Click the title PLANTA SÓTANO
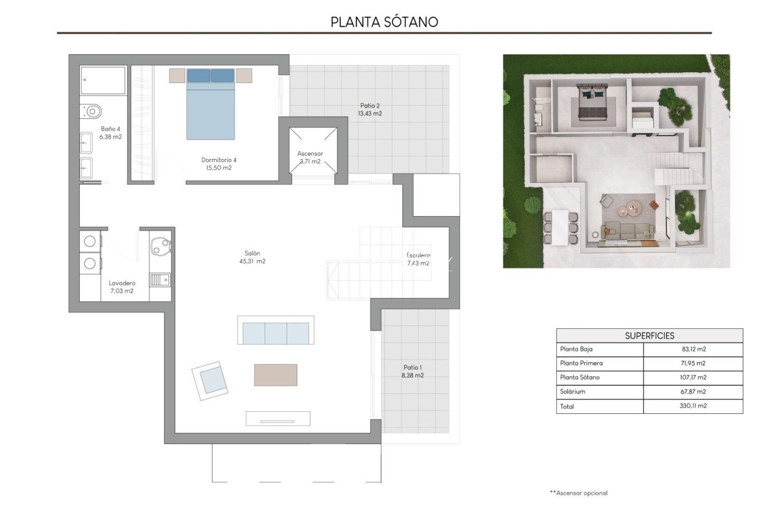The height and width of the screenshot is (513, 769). [384, 22]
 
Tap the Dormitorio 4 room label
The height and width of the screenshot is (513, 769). [218, 160]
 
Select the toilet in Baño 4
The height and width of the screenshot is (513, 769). [92, 111]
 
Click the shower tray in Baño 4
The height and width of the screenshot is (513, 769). [103, 80]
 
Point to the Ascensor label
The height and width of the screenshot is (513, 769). [310, 153]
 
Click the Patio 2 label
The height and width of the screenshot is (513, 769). [370, 106]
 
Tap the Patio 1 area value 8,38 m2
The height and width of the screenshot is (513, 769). [412, 375]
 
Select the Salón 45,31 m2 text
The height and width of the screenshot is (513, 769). [252, 257]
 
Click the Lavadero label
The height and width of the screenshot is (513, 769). [122, 283]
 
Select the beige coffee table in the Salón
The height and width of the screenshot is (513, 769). [275, 375]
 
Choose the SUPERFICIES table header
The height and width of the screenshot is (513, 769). [649, 336]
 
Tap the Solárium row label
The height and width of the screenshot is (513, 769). [572, 392]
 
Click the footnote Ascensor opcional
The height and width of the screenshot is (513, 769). [579, 493]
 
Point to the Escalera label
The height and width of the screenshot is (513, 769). [418, 256]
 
